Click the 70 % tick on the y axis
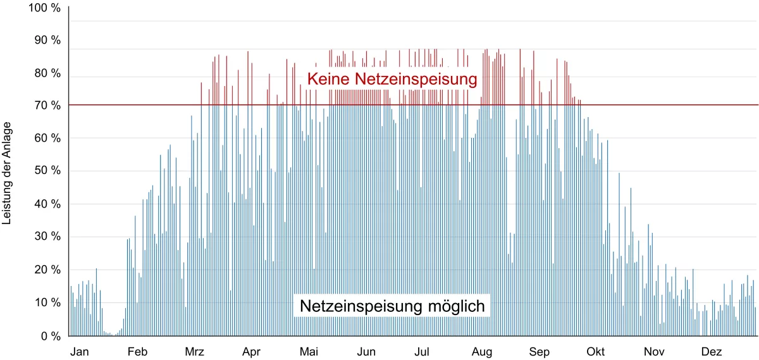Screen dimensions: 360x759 click(47, 106)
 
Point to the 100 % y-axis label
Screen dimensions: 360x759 click(44, 8)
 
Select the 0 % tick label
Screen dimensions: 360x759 click(50, 336)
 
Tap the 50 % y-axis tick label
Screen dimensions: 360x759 click(47, 171)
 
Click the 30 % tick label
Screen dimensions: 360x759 click(47, 237)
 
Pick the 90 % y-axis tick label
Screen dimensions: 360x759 click(47, 40)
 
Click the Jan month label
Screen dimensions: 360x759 click(80, 351)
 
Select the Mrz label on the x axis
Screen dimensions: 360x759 click(195, 351)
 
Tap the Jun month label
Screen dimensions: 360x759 click(367, 351)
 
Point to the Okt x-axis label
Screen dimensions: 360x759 click(596, 351)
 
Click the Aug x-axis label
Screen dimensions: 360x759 click(483, 351)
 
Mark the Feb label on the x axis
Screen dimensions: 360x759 click(137, 351)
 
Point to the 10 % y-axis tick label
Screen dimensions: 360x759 click(47, 303)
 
